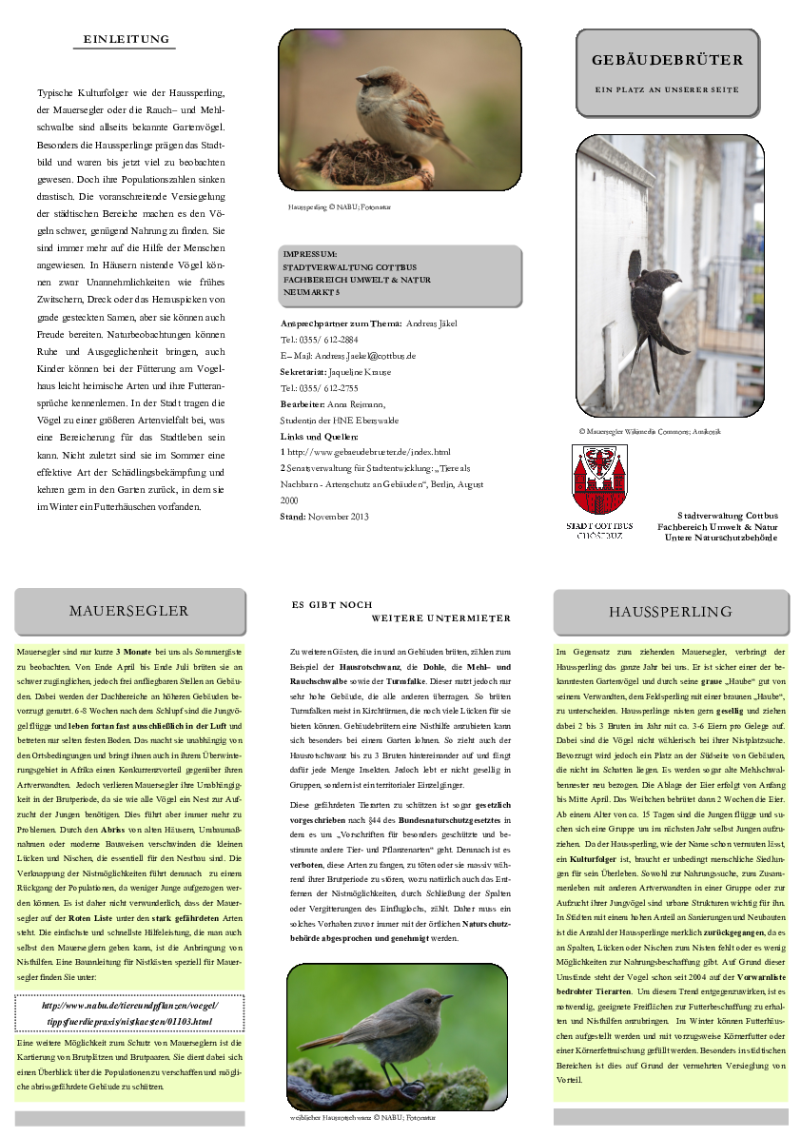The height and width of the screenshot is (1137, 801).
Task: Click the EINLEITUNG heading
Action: point(127,40)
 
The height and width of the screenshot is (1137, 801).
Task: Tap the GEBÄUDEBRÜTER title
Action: point(667,60)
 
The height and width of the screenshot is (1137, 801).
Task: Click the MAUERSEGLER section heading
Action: point(129,611)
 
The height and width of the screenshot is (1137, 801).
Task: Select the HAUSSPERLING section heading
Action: point(671,611)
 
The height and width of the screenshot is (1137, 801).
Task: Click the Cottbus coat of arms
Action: point(599,480)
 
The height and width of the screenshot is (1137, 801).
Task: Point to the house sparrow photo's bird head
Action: point(372,82)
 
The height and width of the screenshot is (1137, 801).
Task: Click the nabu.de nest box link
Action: point(129,1013)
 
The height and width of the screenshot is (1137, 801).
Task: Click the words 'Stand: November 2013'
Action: point(323,516)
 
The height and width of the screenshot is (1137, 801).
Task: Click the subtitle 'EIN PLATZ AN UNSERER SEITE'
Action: point(667,89)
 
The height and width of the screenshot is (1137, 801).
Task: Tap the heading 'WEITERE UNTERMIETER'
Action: point(440,618)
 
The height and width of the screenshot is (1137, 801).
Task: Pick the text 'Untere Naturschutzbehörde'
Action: point(721,538)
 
